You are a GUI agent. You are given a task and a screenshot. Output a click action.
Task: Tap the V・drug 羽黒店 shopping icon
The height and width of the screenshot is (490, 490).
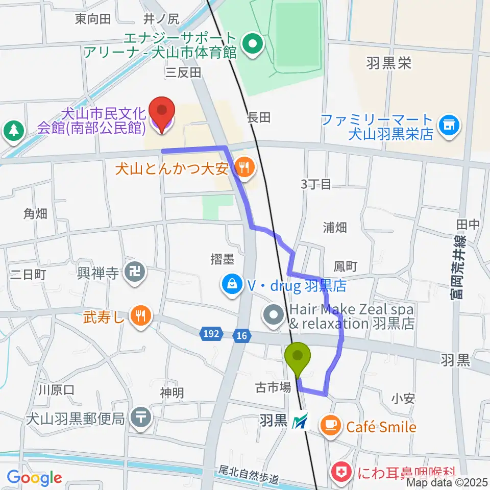tap(232, 284)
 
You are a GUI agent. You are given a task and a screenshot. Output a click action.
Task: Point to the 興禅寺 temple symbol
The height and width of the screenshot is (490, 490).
tap(136, 271)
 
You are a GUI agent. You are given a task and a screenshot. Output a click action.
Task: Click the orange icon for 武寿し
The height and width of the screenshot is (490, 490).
tap(140, 316)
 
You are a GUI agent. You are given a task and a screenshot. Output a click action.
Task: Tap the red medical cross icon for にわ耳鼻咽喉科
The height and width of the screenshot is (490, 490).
tap(339, 472)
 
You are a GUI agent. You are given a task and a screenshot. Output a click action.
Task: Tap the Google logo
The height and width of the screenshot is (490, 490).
tap(35, 478)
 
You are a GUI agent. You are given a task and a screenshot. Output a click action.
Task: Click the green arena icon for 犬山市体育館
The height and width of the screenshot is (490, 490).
tap(251, 44)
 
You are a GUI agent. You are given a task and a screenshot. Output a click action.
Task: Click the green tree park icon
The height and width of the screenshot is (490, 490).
tap(13, 131)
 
